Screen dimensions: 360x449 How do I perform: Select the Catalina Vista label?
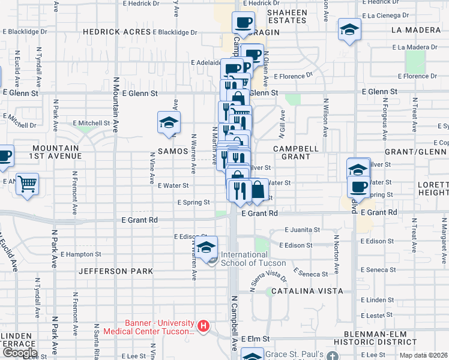coord(307,291)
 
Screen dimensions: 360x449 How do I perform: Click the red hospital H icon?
coord(203,326)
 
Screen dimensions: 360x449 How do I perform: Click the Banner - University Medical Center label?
coord(150,326)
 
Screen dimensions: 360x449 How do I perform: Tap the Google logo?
coord(19,353)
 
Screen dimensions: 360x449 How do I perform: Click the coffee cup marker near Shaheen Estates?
coord(243,23)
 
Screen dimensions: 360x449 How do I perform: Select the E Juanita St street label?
coord(304,230)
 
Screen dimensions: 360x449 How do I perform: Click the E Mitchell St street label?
coord(92,123)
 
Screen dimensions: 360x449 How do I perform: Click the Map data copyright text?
coord(424,355)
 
